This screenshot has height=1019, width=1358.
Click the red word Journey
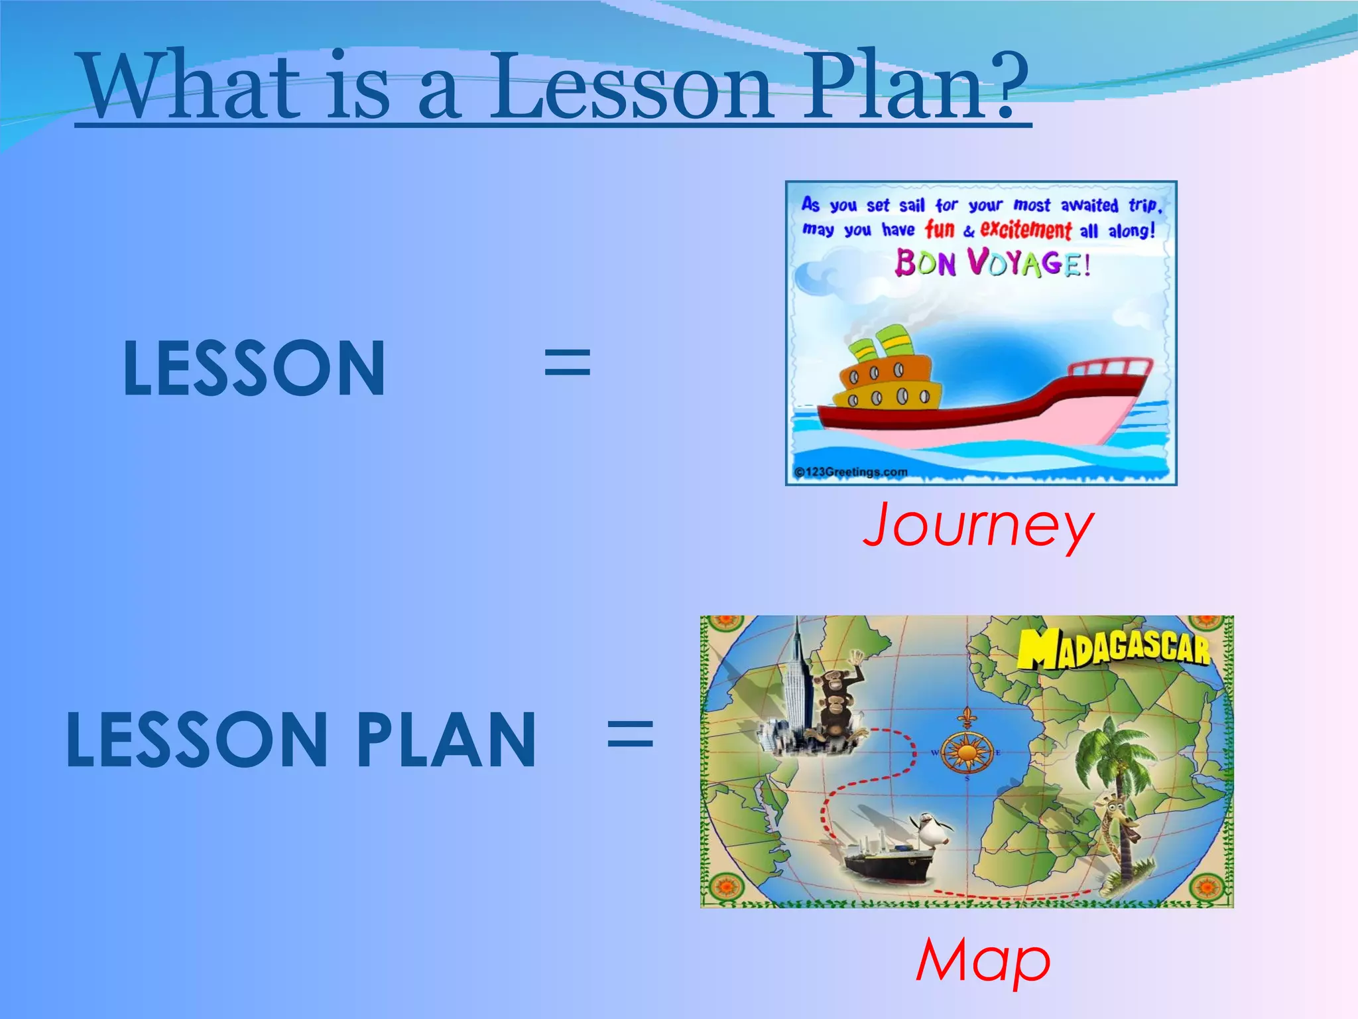pos(978,525)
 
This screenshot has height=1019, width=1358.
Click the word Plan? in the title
pos(915,86)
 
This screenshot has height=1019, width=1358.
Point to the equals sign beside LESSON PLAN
pos(631,736)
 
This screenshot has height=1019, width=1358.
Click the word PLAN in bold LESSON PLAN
pos(446,740)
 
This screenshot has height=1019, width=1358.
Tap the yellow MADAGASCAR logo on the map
pos(1114,647)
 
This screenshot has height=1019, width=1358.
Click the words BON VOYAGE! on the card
pos(993,263)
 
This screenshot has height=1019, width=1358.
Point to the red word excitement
pos(1025,230)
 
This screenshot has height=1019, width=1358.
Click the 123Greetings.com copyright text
pos(851,472)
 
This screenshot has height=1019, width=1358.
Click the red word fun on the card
pos(940,230)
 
